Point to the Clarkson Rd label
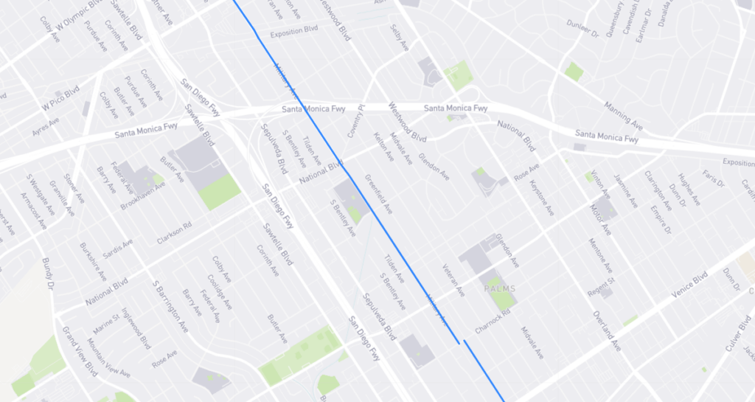point(174,233)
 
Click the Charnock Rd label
point(492,322)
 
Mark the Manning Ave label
point(617,113)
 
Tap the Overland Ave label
point(607,330)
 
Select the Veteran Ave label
point(452,280)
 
